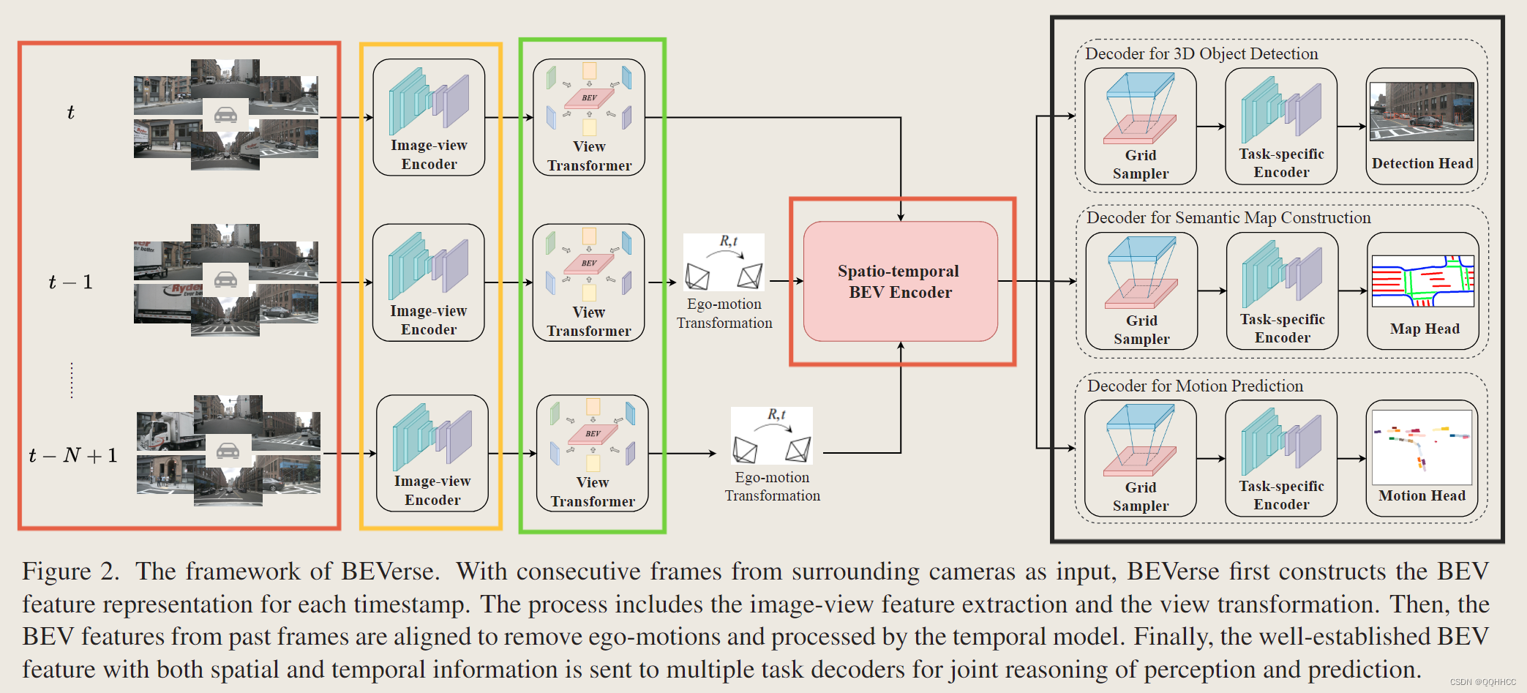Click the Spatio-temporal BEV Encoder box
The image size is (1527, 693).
[x=900, y=282]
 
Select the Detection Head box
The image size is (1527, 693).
[x=1422, y=126]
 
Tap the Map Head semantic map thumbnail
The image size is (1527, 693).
[x=1422, y=281]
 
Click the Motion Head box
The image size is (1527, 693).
[x=1422, y=458]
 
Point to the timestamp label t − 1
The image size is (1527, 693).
[x=70, y=282]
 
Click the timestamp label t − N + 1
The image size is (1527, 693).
[x=72, y=455]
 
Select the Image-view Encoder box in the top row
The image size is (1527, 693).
[x=429, y=117]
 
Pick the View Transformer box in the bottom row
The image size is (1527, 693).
[x=592, y=453]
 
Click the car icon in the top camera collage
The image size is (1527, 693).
[x=225, y=115]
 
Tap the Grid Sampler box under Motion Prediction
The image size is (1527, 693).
[x=1140, y=458]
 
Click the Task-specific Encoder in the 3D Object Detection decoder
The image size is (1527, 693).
[x=1280, y=126]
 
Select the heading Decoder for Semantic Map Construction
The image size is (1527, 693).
[x=1228, y=217]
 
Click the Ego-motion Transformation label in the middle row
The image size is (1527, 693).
[x=724, y=313]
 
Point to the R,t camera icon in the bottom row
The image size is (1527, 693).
[x=771, y=436]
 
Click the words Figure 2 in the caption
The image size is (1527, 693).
[x=70, y=571]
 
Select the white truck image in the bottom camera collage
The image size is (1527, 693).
[x=170, y=432]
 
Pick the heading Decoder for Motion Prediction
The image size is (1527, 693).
[x=1195, y=386]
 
